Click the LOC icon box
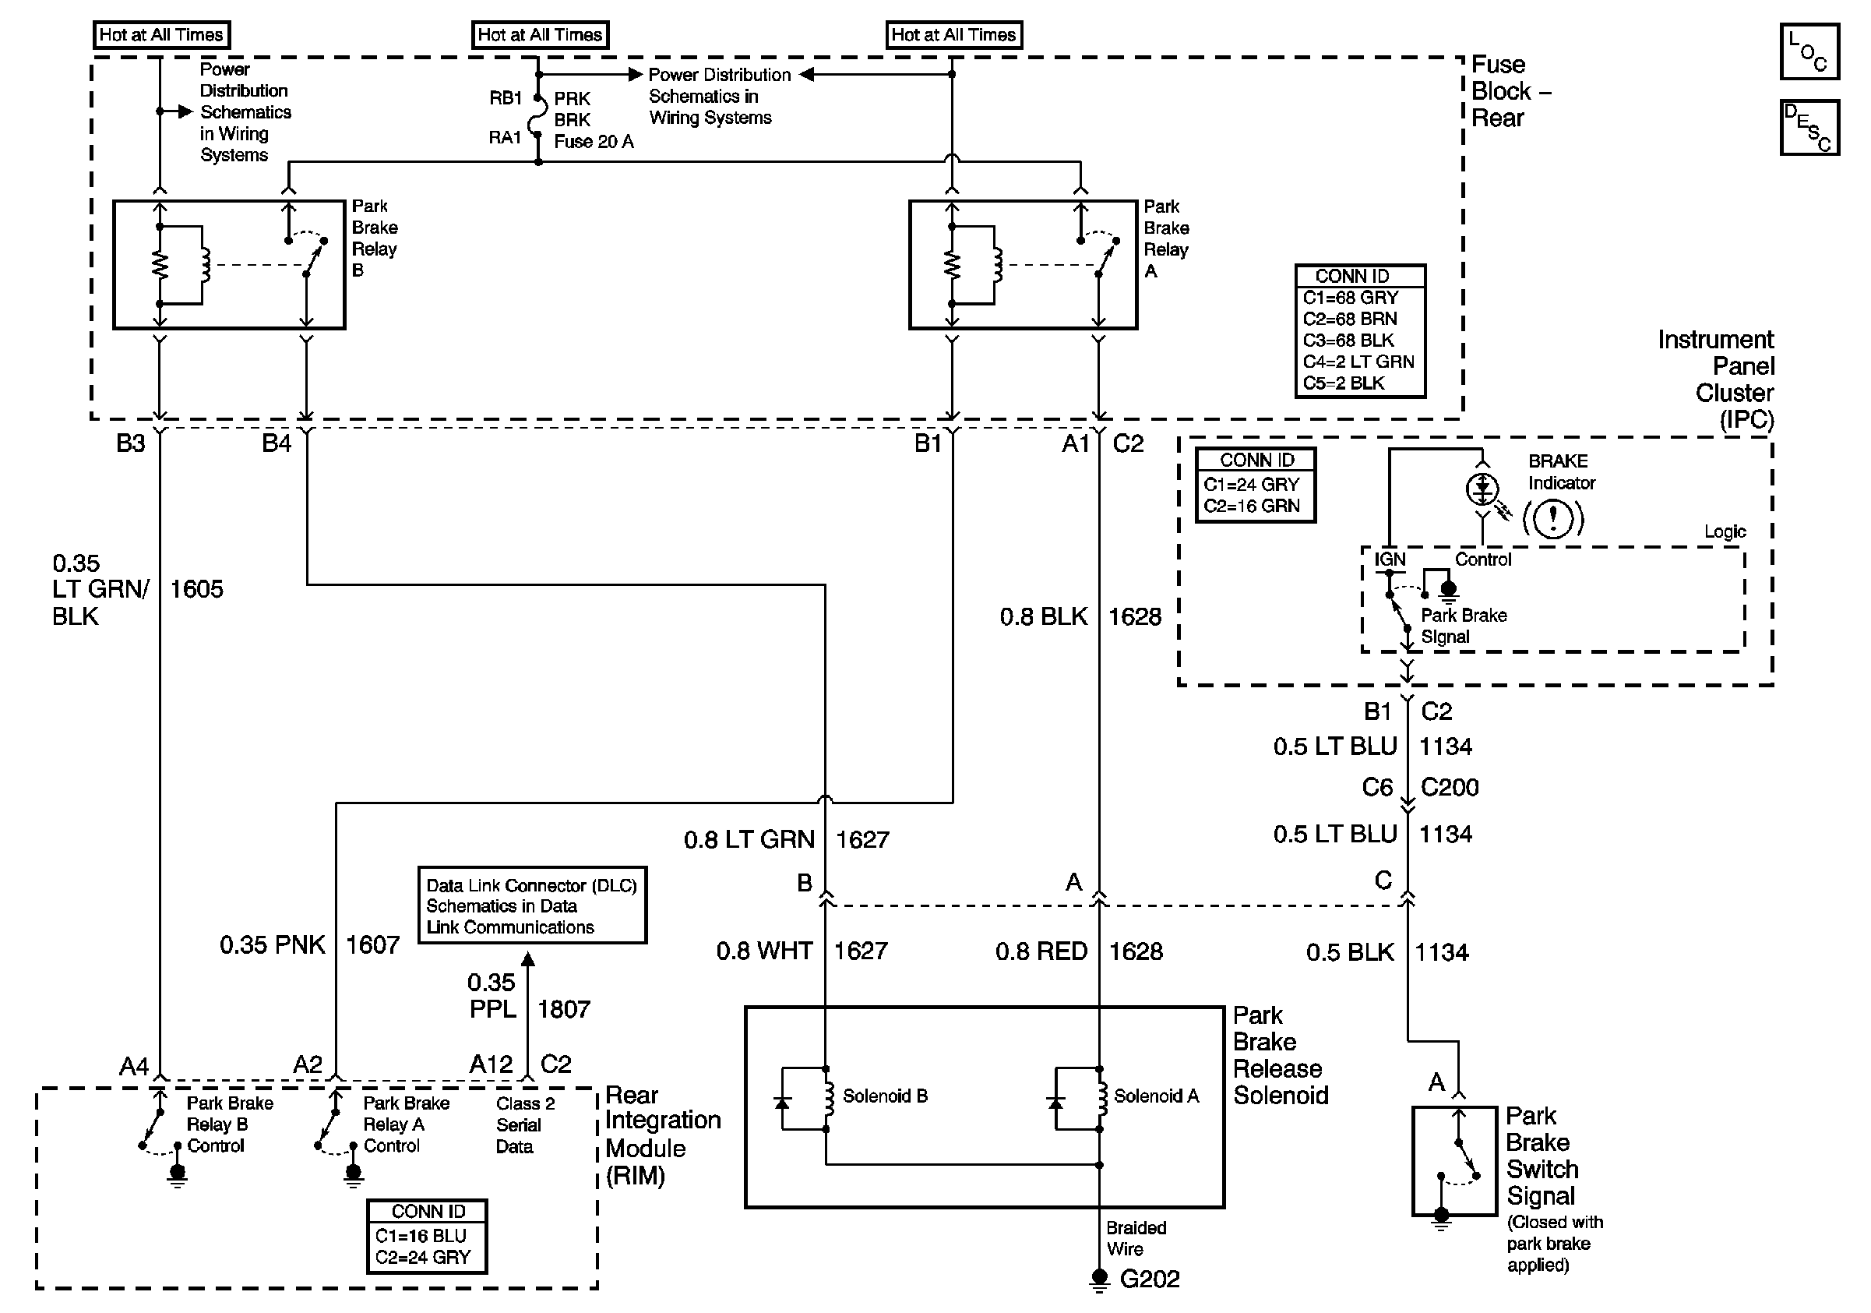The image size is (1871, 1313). coord(1808,51)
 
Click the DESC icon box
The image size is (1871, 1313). coord(1808,127)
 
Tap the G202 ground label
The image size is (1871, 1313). coord(1149,1279)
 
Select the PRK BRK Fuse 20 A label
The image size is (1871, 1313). coord(593,120)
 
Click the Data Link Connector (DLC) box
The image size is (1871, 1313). coord(532,905)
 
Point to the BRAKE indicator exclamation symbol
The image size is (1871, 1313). coord(1553,517)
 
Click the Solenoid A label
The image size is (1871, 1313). coord(1155,1096)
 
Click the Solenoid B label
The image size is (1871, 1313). coord(884,1096)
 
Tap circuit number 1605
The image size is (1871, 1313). coord(196,589)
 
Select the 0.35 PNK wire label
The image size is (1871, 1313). coord(271,944)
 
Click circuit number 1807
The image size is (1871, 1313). coord(563,1009)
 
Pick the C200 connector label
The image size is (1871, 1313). coord(1449,787)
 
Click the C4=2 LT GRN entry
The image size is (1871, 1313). coord(1358,361)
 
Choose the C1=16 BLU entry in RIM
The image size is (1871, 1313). coord(421,1236)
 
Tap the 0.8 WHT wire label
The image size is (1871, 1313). coord(763,951)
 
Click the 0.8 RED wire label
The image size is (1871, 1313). coord(1041,951)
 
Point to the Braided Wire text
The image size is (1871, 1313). coord(1135,1238)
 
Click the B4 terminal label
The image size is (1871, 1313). coord(277,443)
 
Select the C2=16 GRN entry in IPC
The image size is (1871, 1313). coord(1251,505)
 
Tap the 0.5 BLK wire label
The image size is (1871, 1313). coord(1349,952)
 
